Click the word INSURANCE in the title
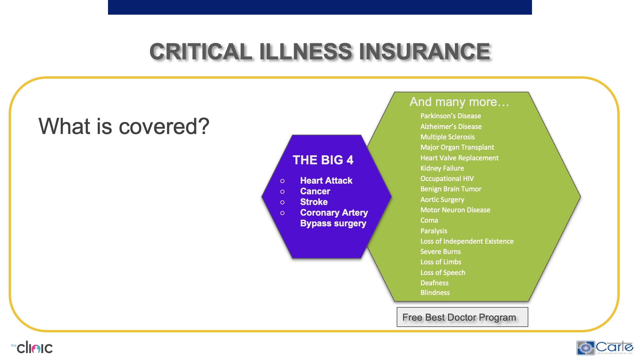pyautogui.click(x=424, y=52)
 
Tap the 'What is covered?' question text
pyautogui.click(x=124, y=126)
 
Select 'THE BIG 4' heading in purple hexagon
pyautogui.click(x=323, y=160)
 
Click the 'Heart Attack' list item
pyautogui.click(x=326, y=181)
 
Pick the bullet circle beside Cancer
pyautogui.click(x=282, y=192)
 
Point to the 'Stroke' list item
pyautogui.click(x=314, y=202)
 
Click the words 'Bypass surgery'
pyautogui.click(x=333, y=223)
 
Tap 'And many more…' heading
pyautogui.click(x=459, y=102)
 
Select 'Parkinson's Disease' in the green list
pyautogui.click(x=450, y=116)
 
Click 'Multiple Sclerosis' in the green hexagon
pyautogui.click(x=447, y=137)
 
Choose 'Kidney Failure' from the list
pyautogui.click(x=442, y=168)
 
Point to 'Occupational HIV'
pyautogui.click(x=447, y=179)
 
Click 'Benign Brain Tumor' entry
pyautogui.click(x=451, y=189)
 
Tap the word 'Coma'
pyautogui.click(x=429, y=220)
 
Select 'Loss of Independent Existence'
pyautogui.click(x=467, y=241)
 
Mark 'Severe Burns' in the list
pyautogui.click(x=440, y=252)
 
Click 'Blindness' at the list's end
pyautogui.click(x=435, y=293)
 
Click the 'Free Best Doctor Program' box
pyautogui.click(x=462, y=317)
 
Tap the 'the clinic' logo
pyautogui.click(x=33, y=348)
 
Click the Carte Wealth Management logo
pyautogui.click(x=605, y=348)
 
